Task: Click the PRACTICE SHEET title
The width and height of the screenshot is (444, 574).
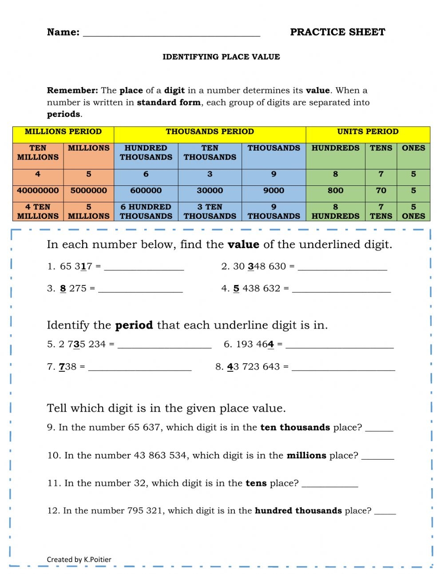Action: click(x=337, y=32)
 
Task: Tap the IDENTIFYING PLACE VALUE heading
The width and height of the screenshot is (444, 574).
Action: click(x=221, y=57)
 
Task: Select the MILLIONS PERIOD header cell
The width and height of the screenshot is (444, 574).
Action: click(x=63, y=132)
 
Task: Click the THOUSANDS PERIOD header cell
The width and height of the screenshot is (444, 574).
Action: click(x=210, y=132)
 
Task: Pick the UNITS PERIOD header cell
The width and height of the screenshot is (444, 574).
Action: click(x=368, y=132)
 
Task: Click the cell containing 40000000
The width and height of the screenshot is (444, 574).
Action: click(x=38, y=190)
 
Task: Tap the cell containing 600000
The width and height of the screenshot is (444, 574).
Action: click(x=146, y=190)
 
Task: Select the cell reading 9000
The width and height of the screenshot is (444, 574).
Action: click(x=274, y=190)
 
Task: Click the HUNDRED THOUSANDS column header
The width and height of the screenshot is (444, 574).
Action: click(x=146, y=153)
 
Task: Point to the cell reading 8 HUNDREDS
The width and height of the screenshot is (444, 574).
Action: click(x=335, y=212)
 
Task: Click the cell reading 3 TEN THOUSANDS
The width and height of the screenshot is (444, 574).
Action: click(x=210, y=212)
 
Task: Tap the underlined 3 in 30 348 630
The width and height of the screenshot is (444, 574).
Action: click(x=250, y=266)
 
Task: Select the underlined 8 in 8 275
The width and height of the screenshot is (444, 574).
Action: click(x=63, y=289)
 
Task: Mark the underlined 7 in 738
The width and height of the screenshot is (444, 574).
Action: click(x=62, y=367)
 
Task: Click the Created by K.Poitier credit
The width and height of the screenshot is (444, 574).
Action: click(x=79, y=560)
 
